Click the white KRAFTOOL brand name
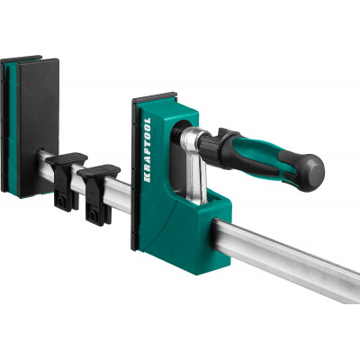coord(148,150)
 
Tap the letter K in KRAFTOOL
coord(148,179)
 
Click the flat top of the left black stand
coord(67,158)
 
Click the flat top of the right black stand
coord(99,171)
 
